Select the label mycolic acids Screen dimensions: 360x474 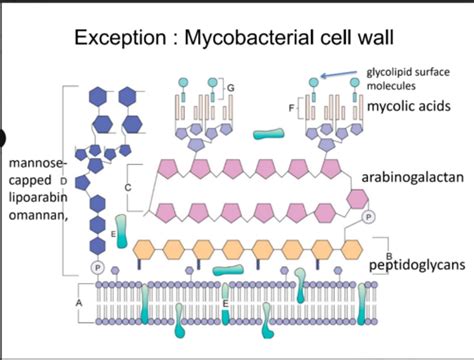coord(409,104)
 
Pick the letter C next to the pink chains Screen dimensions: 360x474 coord(128,186)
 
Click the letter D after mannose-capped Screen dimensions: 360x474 coord(63,181)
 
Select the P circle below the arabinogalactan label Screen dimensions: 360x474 coord(367,215)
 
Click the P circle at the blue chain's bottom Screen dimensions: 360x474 coord(97,268)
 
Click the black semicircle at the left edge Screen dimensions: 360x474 coord(3,139)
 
